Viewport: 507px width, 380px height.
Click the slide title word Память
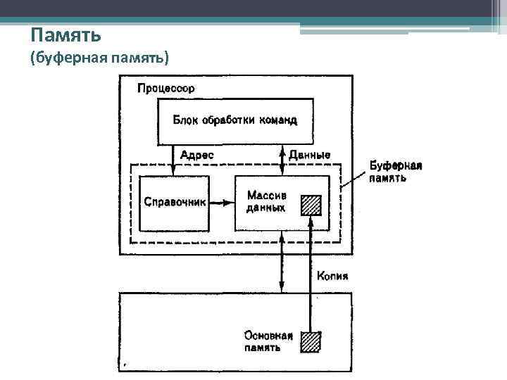tap(67, 34)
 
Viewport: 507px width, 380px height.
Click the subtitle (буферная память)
tap(99, 58)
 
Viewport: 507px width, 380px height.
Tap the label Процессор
tap(166, 89)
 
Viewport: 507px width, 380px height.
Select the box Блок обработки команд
tap(235, 122)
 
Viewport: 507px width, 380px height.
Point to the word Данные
tap(309, 155)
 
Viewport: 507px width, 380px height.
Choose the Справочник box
tap(175, 203)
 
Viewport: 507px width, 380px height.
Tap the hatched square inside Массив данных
tap(311, 204)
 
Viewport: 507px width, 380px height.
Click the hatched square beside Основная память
tap(311, 341)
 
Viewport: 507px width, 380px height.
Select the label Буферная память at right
tap(396, 172)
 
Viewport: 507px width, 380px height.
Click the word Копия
tap(332, 275)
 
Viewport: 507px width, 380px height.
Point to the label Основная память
tap(268, 341)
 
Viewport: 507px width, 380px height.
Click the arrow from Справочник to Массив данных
tap(221, 203)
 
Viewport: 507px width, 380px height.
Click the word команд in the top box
tap(278, 120)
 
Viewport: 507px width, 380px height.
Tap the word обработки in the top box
tap(229, 120)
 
